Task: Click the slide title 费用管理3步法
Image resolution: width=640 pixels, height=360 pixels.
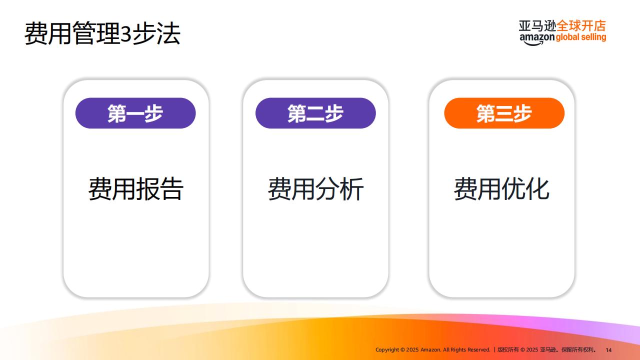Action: [x=102, y=33]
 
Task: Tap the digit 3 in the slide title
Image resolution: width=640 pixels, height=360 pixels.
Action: [x=125, y=33]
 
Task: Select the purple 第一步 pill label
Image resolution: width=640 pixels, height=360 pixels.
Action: [x=135, y=113]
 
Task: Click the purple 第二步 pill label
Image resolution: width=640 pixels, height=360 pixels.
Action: [x=315, y=113]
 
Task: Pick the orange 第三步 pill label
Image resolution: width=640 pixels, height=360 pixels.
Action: [x=504, y=113]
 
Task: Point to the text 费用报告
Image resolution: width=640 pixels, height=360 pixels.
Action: [x=135, y=188]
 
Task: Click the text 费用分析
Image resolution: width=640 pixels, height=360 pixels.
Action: [x=315, y=188]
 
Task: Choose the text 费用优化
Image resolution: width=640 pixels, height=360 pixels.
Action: [x=501, y=188]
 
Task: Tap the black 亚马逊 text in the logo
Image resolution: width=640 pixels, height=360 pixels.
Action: [x=537, y=26]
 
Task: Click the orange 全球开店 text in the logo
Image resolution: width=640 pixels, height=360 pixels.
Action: [x=581, y=26]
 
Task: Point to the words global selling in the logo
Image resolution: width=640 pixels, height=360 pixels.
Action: [x=581, y=37]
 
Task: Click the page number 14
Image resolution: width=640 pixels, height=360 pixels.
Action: [x=608, y=350]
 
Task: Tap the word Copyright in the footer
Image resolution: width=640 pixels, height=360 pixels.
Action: [x=387, y=349]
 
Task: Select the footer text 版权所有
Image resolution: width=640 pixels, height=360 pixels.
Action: [x=508, y=349]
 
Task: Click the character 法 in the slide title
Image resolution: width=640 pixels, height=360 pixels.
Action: [x=168, y=33]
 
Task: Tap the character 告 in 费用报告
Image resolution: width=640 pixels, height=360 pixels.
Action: [x=171, y=188]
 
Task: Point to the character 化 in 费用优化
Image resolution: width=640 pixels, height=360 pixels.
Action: [x=537, y=188]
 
